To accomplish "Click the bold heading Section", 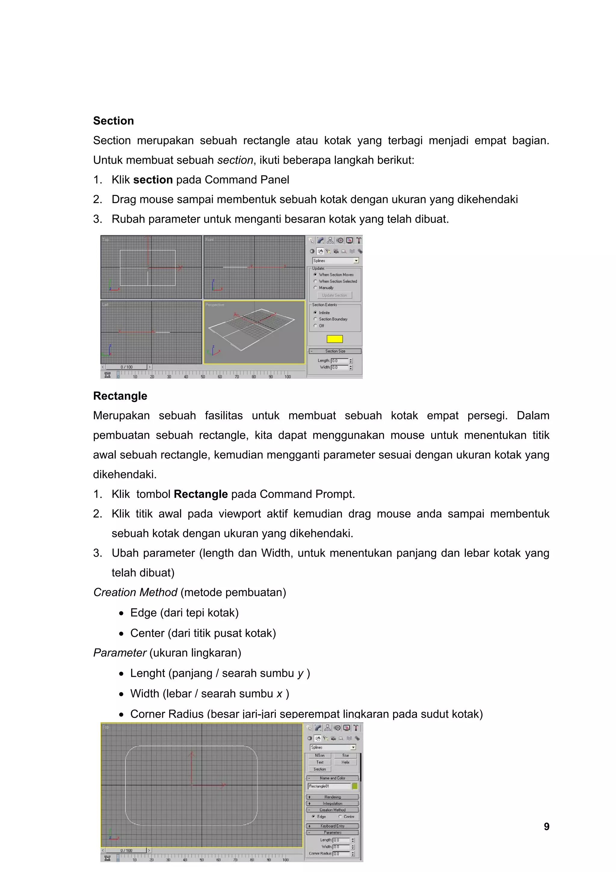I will tap(113, 121).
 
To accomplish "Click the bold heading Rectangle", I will tap(120, 396).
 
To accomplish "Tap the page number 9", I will tap(546, 827).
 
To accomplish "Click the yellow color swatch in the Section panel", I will tap(334, 339).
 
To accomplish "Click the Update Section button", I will tap(334, 295).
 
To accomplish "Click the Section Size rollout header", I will tap(335, 351).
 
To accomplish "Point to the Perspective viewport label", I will tap(215, 305).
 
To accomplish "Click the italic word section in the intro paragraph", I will tap(235, 160).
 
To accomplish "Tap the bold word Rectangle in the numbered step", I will tap(200, 494).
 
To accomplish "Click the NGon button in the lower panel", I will tap(319, 756).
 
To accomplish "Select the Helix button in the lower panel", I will tap(345, 762).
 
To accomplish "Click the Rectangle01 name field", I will tap(329, 786).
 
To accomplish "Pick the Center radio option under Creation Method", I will tap(340, 817).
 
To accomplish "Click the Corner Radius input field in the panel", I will tap(341, 853).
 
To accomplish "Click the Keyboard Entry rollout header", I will tap(332, 826).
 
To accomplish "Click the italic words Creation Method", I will tap(135, 592).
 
